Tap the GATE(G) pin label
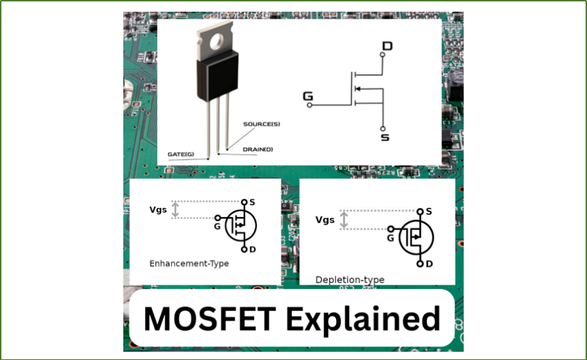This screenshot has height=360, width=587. pos(181,153)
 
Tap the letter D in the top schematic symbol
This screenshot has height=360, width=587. pos(387,46)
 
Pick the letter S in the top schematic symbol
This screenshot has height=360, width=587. pos(385,138)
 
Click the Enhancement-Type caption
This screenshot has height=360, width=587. pos(189,263)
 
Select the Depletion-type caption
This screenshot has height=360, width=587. pos(349,280)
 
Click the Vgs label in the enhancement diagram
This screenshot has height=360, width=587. pos(158,209)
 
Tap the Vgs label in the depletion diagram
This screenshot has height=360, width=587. pos(325,220)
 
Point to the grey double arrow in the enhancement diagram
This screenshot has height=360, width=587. pos(175,209)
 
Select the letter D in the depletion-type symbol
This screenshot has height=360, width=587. pos(429,264)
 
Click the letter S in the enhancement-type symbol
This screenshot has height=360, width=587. pos(252,202)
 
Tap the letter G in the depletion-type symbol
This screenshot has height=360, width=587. pos(390,238)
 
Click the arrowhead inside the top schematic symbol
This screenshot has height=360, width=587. pos(358,89)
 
